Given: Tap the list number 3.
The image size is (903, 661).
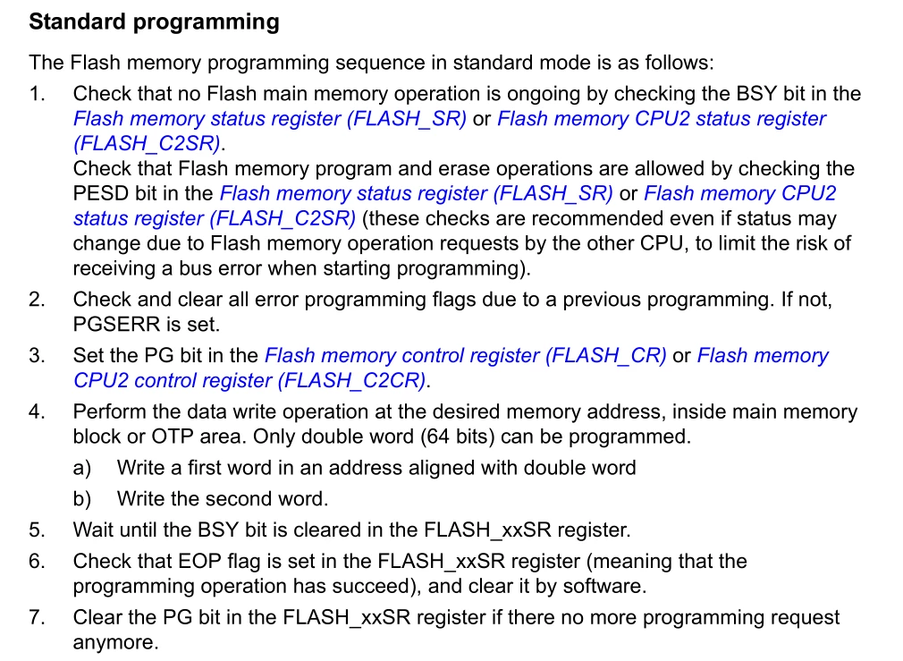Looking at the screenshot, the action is click(x=37, y=356).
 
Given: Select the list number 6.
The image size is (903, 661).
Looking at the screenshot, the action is click(x=37, y=562).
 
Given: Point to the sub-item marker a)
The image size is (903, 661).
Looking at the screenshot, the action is click(x=82, y=468).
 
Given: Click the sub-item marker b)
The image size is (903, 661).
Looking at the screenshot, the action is click(x=82, y=499).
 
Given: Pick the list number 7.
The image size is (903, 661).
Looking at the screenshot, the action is click(x=37, y=618).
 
